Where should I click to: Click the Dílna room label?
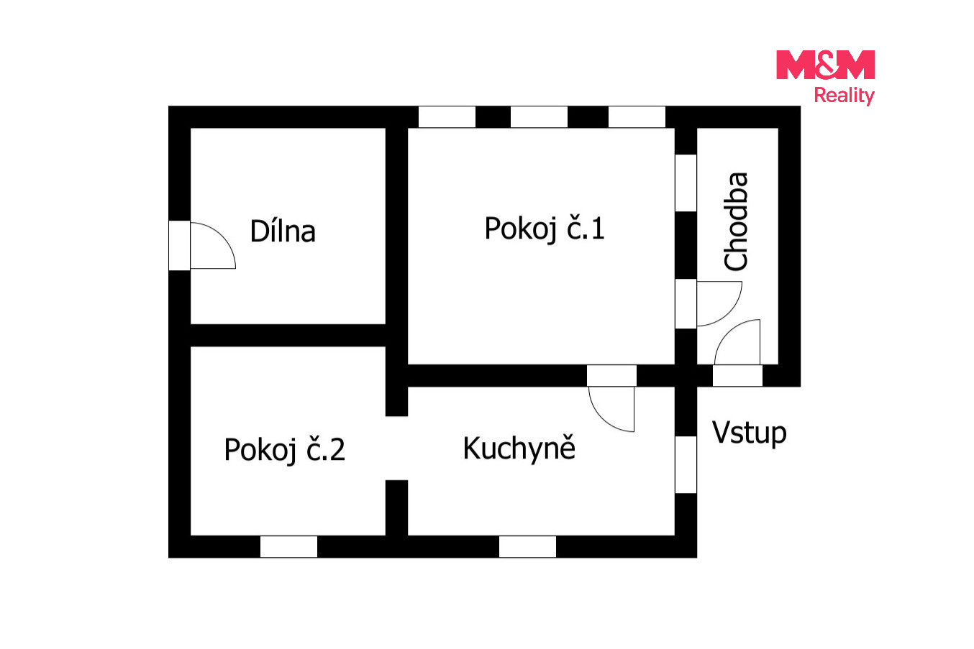tap(283, 231)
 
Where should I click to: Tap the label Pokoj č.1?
tap(545, 229)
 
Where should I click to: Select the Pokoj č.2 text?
tap(284, 449)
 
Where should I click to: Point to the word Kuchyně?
tap(519, 448)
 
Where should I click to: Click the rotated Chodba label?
tap(736, 221)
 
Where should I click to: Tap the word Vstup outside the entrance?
tap(749, 433)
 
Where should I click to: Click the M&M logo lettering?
tap(825, 65)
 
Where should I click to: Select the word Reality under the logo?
tap(844, 96)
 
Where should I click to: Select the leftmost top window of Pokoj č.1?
tap(447, 117)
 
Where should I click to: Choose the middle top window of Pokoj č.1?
tap(540, 117)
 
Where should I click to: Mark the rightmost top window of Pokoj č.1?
tap(637, 117)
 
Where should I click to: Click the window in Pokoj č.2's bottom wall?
tap(288, 546)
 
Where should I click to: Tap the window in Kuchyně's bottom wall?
tap(527, 546)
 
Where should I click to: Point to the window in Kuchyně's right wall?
tap(686, 464)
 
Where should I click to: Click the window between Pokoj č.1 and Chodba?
tap(686, 183)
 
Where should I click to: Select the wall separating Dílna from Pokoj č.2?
tap(288, 336)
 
